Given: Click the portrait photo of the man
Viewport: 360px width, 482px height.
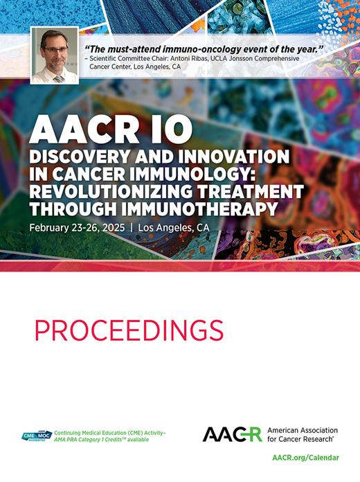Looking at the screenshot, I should pos(54,55).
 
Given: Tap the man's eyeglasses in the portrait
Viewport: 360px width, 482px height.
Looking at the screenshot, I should pos(54,49).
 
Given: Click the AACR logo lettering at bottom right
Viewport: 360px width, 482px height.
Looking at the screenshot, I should pos(232,434).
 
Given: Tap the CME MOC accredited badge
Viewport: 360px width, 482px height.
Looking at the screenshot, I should pos(35,435).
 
